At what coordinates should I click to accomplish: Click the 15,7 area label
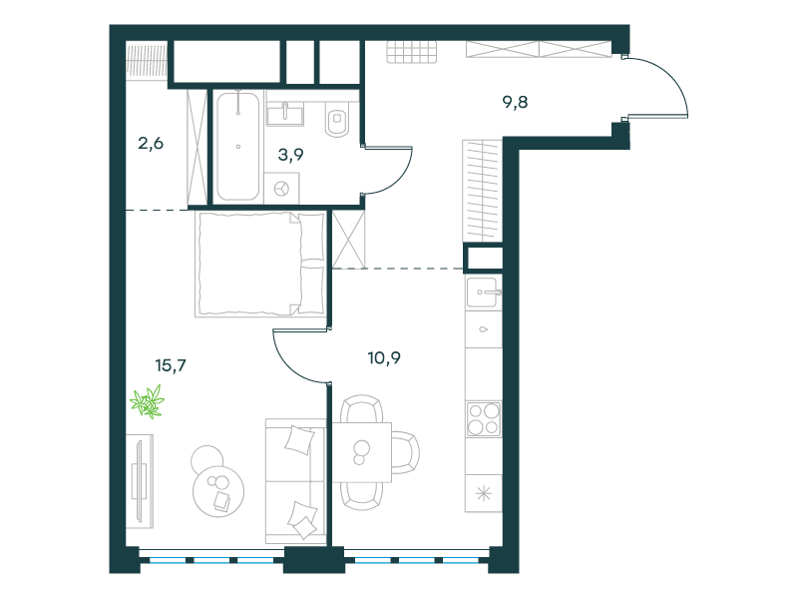coord(171,365)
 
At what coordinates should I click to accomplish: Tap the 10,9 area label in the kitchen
coord(384,357)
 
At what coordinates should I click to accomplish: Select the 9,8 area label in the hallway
coord(515,103)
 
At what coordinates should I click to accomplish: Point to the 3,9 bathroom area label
coord(290,155)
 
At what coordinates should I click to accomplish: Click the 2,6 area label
coord(151,143)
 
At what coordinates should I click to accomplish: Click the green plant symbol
coord(148,402)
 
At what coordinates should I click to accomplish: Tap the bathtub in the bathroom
coord(237,146)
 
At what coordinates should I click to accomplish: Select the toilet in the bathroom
coord(336,118)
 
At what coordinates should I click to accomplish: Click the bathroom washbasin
coord(285,113)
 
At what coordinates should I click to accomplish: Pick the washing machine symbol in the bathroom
coord(281,189)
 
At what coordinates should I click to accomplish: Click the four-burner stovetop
coord(484,418)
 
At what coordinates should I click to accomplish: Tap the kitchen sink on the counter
coord(482,292)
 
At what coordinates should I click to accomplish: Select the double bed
coord(260,265)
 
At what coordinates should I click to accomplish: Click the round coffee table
coord(218,491)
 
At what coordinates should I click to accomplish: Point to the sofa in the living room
coord(295,481)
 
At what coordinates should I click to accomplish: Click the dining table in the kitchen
coord(362,452)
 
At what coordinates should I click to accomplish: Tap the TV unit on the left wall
coord(140,481)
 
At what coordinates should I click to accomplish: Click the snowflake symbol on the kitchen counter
coord(484,493)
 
